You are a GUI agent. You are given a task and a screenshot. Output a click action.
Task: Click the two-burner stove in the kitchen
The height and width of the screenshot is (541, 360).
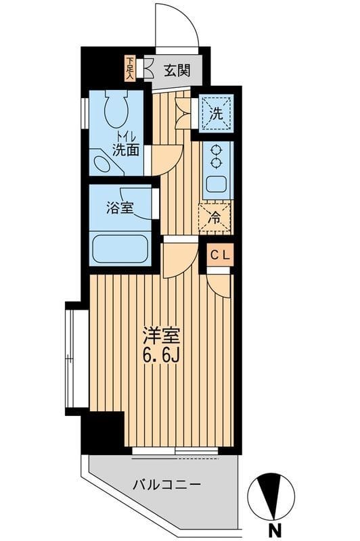[217, 156]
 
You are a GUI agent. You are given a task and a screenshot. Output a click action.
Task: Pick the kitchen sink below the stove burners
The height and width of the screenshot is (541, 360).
[217, 183]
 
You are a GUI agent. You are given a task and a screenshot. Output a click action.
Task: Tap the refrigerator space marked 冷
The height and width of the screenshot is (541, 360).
[215, 217]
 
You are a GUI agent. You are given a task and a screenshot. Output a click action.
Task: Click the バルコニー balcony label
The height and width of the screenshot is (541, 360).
[165, 485]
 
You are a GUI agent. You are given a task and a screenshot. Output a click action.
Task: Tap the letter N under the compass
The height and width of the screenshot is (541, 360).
[274, 530]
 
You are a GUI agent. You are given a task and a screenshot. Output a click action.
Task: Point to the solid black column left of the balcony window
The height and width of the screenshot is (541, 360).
[102, 433]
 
